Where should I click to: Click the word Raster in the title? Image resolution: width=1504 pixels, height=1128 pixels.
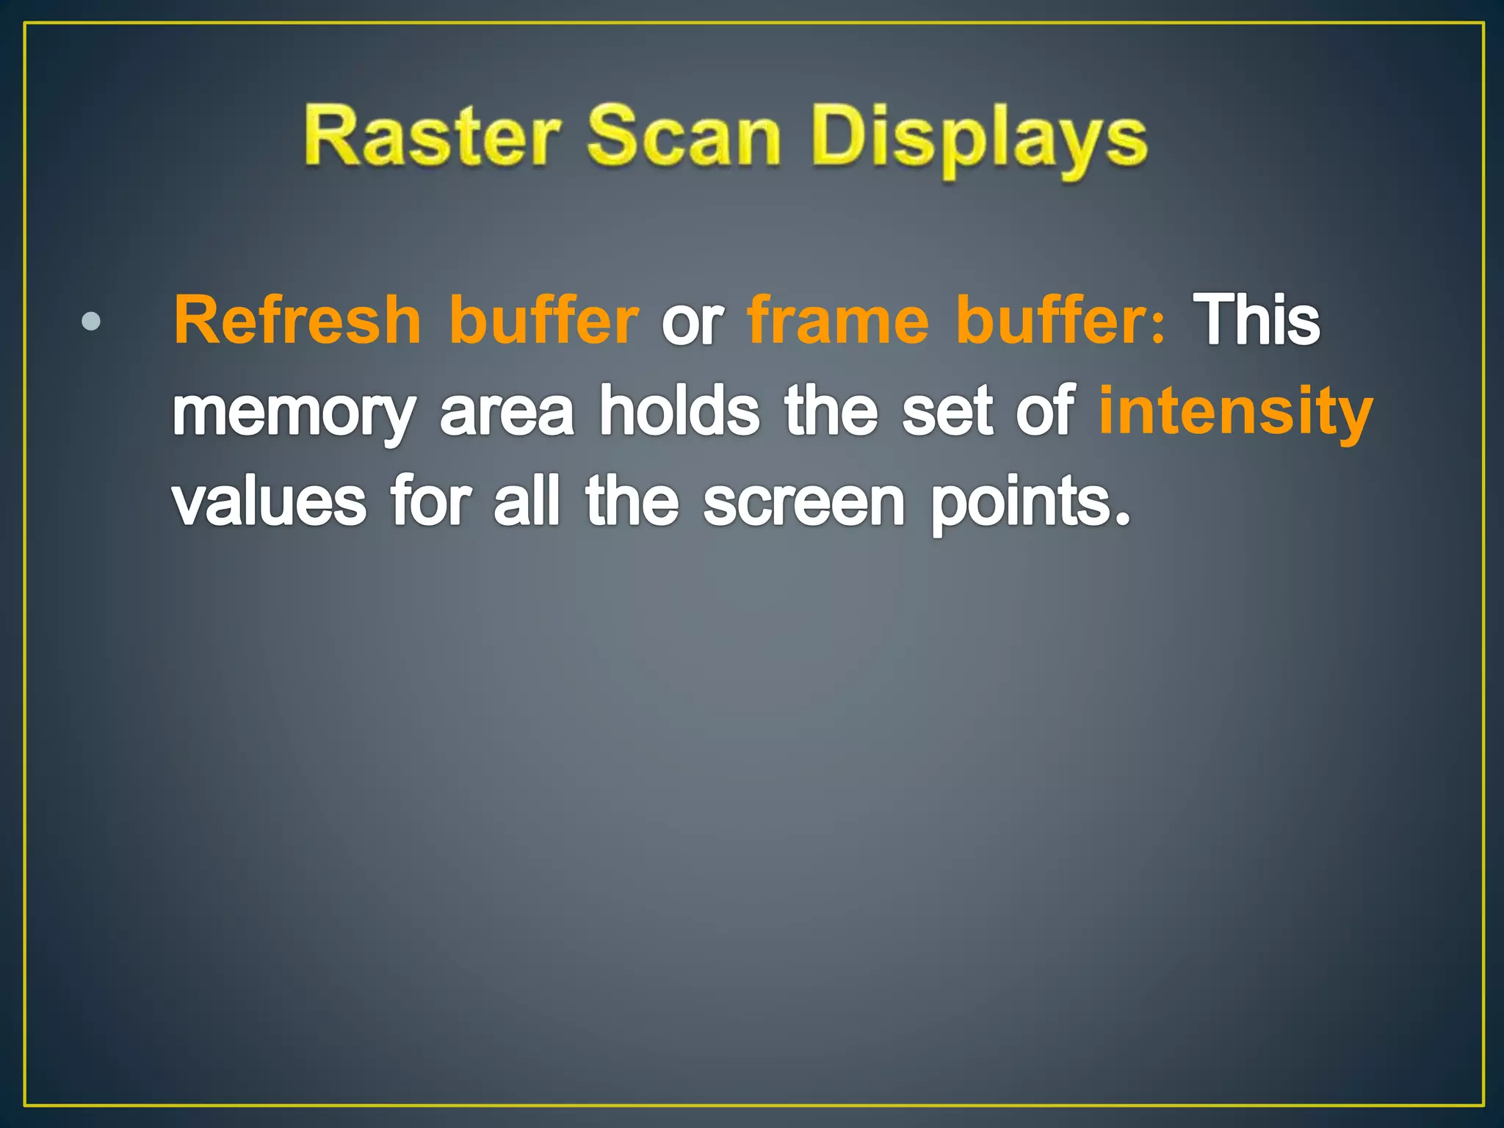(x=432, y=137)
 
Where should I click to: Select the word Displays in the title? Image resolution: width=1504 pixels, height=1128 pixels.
(x=979, y=140)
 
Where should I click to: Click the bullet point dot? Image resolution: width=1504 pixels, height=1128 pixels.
(x=91, y=322)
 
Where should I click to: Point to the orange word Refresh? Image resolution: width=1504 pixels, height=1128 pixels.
(x=297, y=319)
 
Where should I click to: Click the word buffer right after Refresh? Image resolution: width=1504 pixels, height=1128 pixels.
(x=543, y=319)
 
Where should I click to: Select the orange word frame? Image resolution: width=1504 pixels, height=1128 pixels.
(x=838, y=319)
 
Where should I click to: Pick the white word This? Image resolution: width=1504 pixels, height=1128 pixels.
(x=1256, y=319)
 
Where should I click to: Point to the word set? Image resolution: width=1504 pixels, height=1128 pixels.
(x=947, y=411)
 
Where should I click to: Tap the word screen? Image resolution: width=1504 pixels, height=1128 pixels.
(x=804, y=502)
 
